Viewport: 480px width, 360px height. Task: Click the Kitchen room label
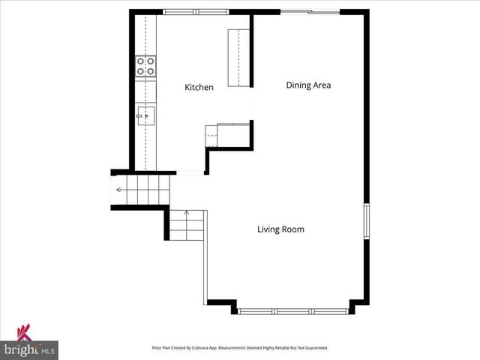[x=199, y=88]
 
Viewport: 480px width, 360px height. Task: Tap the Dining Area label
[x=308, y=85]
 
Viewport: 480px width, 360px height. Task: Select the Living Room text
[x=280, y=229]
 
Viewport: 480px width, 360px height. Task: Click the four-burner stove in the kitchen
[x=145, y=67]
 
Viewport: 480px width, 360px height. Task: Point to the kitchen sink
[x=145, y=115]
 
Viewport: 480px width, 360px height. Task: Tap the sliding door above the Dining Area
[x=310, y=12]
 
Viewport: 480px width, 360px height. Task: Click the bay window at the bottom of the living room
[x=294, y=310]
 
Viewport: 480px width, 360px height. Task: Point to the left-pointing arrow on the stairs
[x=120, y=190]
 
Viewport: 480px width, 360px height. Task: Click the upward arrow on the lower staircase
[x=186, y=214]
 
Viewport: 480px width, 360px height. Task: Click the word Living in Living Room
[x=268, y=229]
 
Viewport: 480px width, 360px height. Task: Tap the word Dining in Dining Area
[x=298, y=85]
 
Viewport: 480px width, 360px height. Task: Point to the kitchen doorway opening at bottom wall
[x=190, y=173]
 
